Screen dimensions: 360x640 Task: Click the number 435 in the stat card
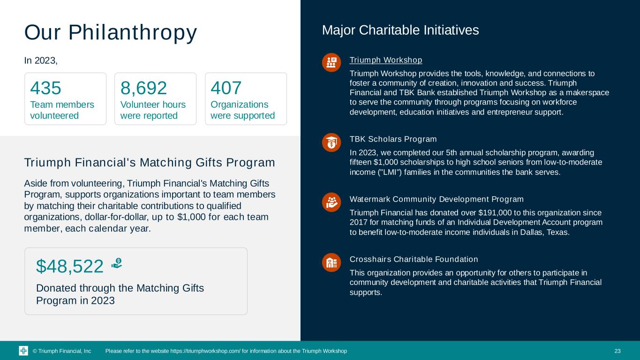(46, 88)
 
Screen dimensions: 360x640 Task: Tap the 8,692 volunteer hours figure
(144, 88)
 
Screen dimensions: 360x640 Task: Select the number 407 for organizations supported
(226, 88)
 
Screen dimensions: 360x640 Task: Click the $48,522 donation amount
(70, 266)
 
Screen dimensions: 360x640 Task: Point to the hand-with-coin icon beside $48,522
(117, 264)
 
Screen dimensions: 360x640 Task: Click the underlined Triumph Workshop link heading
(386, 60)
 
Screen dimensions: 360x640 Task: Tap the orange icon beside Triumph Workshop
(331, 62)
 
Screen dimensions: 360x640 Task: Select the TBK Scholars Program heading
(393, 139)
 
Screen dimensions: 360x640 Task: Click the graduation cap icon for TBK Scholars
(331, 142)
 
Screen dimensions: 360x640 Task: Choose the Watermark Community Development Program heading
(437, 199)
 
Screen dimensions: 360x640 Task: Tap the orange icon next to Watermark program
(331, 202)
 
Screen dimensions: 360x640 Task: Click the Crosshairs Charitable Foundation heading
(414, 259)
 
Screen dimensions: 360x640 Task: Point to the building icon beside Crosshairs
(331, 262)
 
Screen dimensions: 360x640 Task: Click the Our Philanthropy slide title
(111, 32)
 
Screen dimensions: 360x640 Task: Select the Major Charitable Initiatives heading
(400, 30)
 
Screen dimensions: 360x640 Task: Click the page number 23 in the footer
(617, 351)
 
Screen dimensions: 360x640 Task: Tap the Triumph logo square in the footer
(23, 351)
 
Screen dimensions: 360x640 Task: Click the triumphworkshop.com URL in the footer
(205, 351)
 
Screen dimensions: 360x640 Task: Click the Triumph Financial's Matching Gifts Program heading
(150, 163)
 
